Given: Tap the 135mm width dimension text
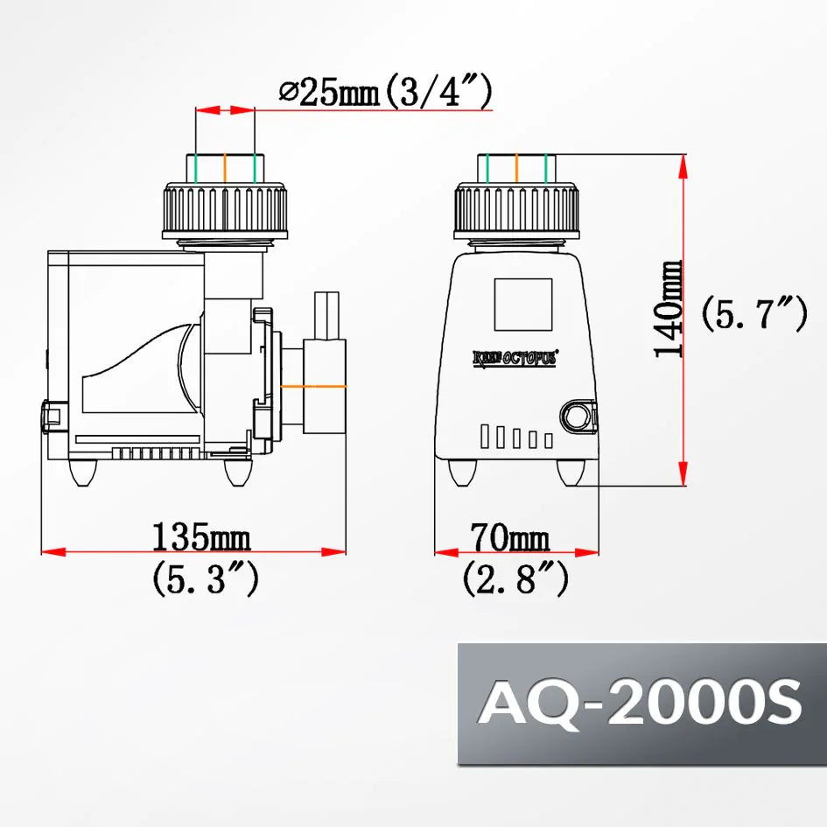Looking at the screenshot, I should coord(201,535).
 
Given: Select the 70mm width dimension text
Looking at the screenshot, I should coord(509,535).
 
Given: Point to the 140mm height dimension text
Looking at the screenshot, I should coord(669,308).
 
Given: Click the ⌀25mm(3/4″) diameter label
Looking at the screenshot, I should coord(384,92).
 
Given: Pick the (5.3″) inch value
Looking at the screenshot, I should coord(205,579).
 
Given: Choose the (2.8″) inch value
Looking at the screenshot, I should coord(515,579).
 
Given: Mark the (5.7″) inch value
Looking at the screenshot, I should coord(753,313).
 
